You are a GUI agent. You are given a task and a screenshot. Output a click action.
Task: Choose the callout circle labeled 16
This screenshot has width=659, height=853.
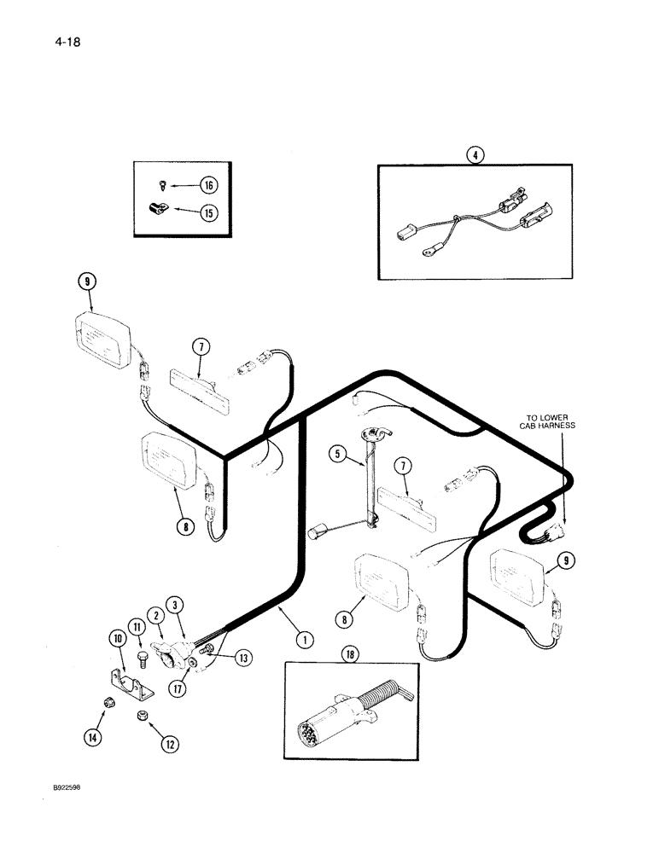point(207,184)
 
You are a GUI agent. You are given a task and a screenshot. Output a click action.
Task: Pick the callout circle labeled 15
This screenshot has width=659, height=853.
point(207,213)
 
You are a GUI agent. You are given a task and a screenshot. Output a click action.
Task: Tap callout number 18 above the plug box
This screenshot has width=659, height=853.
point(349,655)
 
